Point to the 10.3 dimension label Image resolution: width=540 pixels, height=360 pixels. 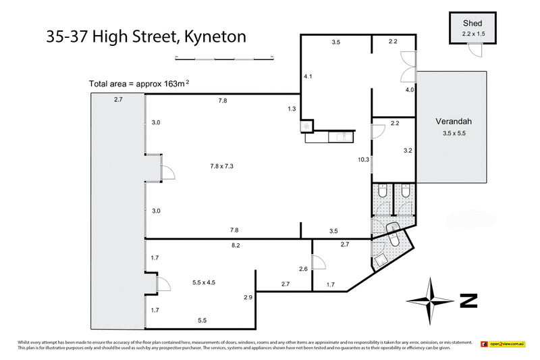[x=363, y=159]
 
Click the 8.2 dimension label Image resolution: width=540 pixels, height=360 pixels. [x=236, y=246]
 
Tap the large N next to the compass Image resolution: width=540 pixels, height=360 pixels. [x=468, y=300]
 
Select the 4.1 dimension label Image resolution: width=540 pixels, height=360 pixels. [x=308, y=77]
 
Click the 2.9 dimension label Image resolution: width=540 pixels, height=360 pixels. [x=248, y=297]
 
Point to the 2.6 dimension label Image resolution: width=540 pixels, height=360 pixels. [x=303, y=269]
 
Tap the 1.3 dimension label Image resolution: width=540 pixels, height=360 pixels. [x=292, y=109]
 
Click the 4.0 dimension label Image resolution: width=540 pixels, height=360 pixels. [x=409, y=89]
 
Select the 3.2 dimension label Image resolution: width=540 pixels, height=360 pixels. [x=408, y=150]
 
